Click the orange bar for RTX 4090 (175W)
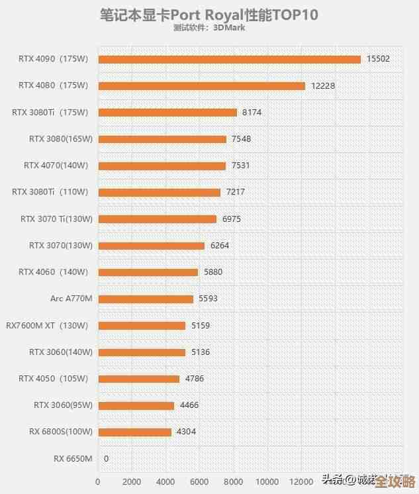pos(230,59)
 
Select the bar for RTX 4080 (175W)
pos(202,85)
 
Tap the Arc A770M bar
pos(146,299)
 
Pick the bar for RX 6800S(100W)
pos(135,432)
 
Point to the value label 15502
pos(378,59)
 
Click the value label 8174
pos(252,113)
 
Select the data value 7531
pos(240,166)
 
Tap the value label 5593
pos(208,299)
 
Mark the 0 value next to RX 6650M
pos(106,458)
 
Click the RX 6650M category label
pos(73,458)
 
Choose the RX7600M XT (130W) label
pos(47,325)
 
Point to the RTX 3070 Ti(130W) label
pos(56,219)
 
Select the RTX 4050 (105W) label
pos(53,379)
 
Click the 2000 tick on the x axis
pos(132,482)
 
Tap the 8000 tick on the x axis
pos(234,482)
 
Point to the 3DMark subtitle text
pos(209,28)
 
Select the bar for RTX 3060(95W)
pos(136,405)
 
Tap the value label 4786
pos(194,379)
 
